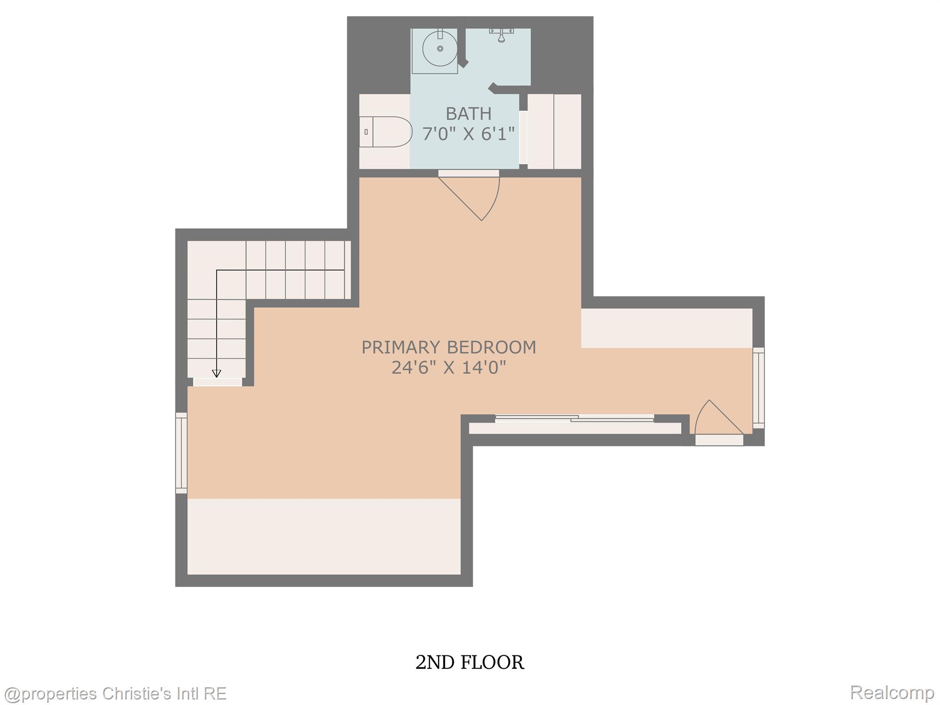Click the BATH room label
(x=468, y=113)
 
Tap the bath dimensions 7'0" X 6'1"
(x=468, y=134)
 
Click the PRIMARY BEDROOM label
(x=448, y=347)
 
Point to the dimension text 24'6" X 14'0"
(x=448, y=368)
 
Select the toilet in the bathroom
(x=385, y=132)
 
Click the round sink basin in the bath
(x=439, y=48)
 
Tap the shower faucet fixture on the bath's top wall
(x=501, y=34)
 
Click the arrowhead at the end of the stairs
(x=216, y=374)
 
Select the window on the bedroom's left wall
(x=182, y=453)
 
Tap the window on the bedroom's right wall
(x=758, y=388)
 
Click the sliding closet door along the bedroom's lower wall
(x=575, y=418)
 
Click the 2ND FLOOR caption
(x=470, y=663)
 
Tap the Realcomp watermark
(x=892, y=692)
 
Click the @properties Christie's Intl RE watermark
(x=115, y=693)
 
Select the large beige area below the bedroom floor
(x=324, y=536)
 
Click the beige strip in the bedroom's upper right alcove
(x=666, y=328)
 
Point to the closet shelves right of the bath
(x=554, y=132)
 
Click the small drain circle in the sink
(x=440, y=49)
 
